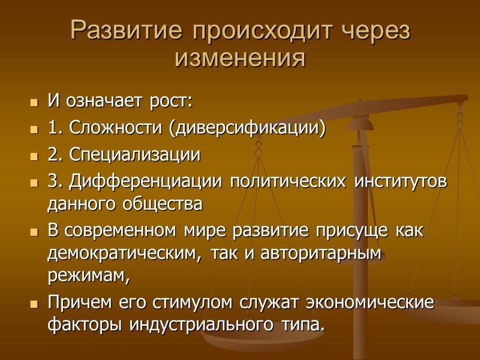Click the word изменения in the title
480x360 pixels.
click(240, 58)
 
